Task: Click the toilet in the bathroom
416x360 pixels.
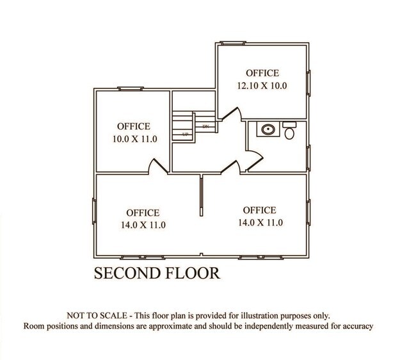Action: point(289,130)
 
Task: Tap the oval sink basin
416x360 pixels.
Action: point(268,129)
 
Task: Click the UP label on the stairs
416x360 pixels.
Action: point(185,135)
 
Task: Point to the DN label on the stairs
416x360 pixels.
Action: point(206,127)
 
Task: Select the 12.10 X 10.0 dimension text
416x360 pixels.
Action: point(262,86)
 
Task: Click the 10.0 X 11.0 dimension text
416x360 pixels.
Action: point(135,139)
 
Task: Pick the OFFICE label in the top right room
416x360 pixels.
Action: point(262,73)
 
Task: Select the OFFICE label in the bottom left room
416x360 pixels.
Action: point(143,213)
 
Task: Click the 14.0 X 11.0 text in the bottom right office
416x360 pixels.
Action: point(260,222)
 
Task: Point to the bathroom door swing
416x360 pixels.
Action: point(254,160)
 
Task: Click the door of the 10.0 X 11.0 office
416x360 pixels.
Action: point(158,167)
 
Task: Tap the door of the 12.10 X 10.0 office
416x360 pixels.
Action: point(231,114)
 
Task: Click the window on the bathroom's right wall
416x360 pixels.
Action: point(308,158)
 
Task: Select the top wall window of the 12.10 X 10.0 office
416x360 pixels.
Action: point(233,43)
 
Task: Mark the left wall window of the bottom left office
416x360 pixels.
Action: point(94,211)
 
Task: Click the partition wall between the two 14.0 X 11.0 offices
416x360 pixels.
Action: point(202,195)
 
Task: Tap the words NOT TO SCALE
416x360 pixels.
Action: point(97,316)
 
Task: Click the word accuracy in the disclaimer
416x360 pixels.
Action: point(358,326)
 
